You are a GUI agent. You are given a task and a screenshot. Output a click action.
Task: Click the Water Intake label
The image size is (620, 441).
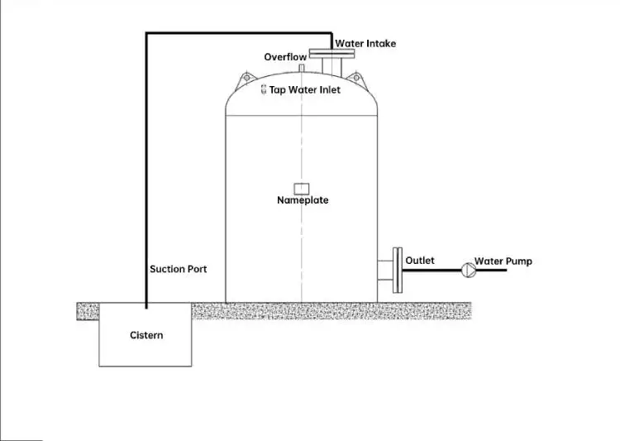click(x=365, y=44)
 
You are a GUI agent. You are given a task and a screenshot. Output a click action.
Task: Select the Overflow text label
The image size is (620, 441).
click(x=285, y=57)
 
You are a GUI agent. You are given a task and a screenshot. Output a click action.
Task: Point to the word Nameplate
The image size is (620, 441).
click(x=303, y=200)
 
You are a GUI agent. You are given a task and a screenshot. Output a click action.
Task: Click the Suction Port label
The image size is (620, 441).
click(x=178, y=269)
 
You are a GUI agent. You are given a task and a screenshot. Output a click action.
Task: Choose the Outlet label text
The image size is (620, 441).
click(x=420, y=261)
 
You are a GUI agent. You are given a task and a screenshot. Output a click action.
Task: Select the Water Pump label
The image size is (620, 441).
click(x=503, y=261)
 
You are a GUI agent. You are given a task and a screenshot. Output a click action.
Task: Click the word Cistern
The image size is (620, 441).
click(x=146, y=335)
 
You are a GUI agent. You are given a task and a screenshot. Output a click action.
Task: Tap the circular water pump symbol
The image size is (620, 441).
click(x=468, y=269)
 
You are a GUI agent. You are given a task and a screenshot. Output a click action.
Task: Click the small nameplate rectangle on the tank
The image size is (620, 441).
click(x=302, y=188)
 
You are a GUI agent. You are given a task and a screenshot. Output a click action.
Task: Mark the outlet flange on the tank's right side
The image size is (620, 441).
click(x=397, y=269)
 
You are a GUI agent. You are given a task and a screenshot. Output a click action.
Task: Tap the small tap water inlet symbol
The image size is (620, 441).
click(x=264, y=89)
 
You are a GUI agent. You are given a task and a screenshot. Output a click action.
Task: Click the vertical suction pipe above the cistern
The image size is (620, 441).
click(x=146, y=165)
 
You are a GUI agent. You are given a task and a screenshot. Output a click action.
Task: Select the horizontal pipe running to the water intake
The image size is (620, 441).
click(x=240, y=33)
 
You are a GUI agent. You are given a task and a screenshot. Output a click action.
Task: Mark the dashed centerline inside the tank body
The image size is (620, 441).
click(x=302, y=240)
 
